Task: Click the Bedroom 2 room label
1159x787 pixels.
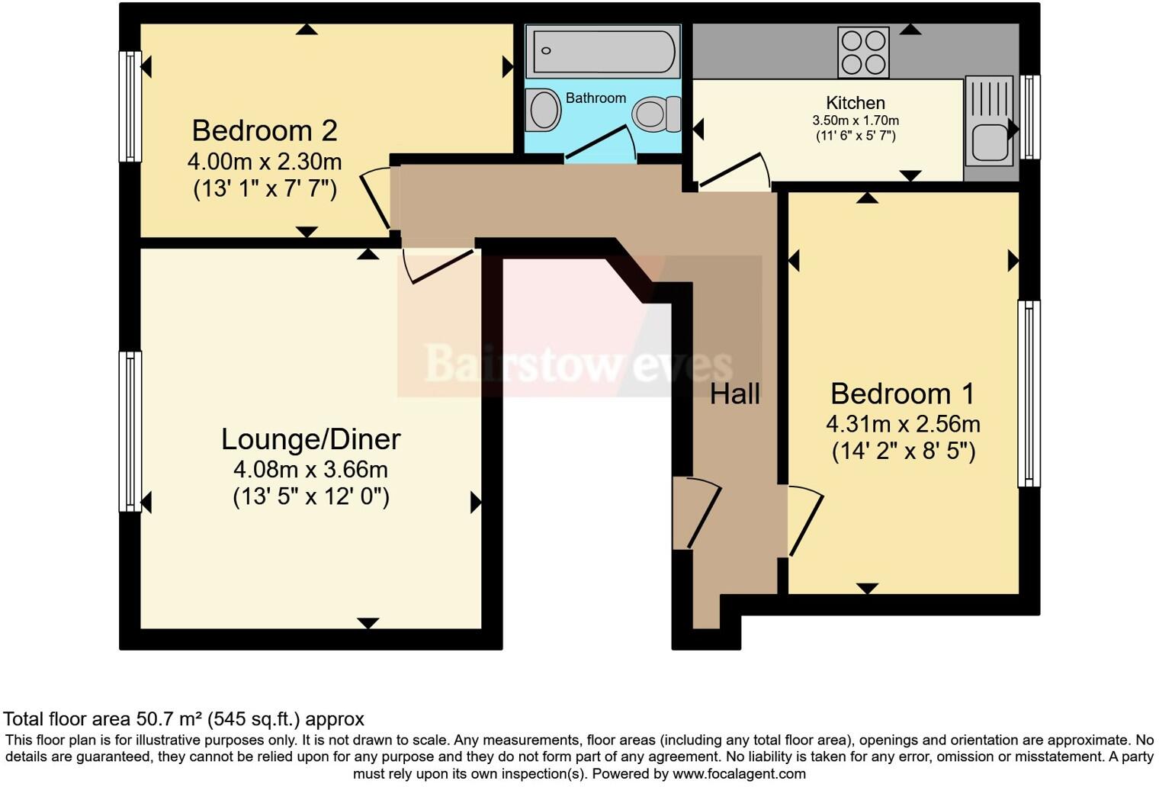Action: (265, 131)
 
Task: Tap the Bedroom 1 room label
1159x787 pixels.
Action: (903, 393)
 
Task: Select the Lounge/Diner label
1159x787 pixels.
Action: (311, 439)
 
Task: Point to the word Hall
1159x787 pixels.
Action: (735, 394)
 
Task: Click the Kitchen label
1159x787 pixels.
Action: (856, 102)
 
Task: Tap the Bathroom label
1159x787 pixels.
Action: (596, 98)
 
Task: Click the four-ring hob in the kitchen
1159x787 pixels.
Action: (863, 53)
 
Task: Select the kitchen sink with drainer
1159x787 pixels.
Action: (989, 121)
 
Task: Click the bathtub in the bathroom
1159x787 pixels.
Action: (603, 50)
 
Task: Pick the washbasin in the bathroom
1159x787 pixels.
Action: (543, 109)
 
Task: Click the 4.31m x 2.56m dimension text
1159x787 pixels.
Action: (903, 424)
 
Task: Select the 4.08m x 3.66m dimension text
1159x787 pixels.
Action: (310, 470)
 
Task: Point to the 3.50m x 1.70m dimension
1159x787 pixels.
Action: (856, 120)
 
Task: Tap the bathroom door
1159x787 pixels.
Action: (600, 142)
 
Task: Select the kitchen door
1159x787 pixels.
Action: (734, 171)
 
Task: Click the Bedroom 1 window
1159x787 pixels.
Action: (1029, 393)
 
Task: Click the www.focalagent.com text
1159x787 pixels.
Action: (740, 774)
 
